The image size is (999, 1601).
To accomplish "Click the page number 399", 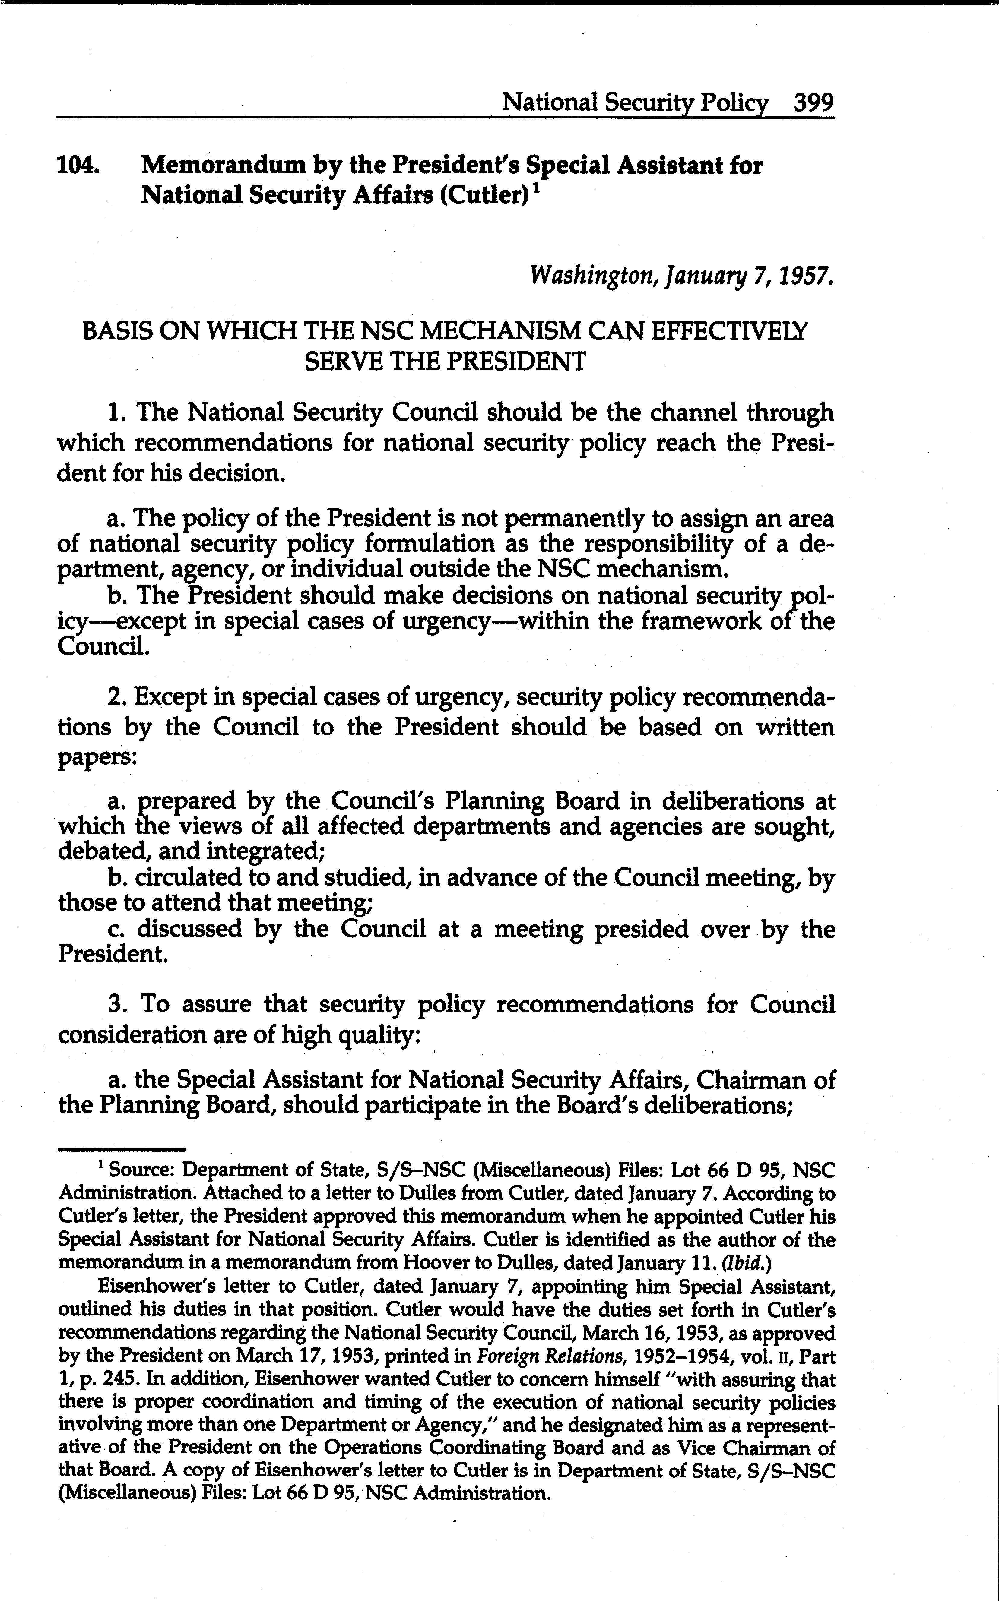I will pyautogui.click(x=814, y=103).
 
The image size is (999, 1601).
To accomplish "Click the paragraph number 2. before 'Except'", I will pyautogui.click(x=117, y=697).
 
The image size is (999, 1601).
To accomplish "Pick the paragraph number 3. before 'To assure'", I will pyautogui.click(x=117, y=1005).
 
